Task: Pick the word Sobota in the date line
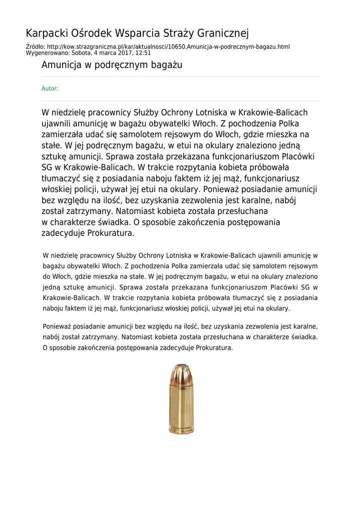81,52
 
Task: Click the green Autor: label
50,88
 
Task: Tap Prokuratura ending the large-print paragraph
111,233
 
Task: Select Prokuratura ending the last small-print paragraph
214,347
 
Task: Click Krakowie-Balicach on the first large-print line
273,112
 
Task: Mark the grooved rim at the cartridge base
182,430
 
